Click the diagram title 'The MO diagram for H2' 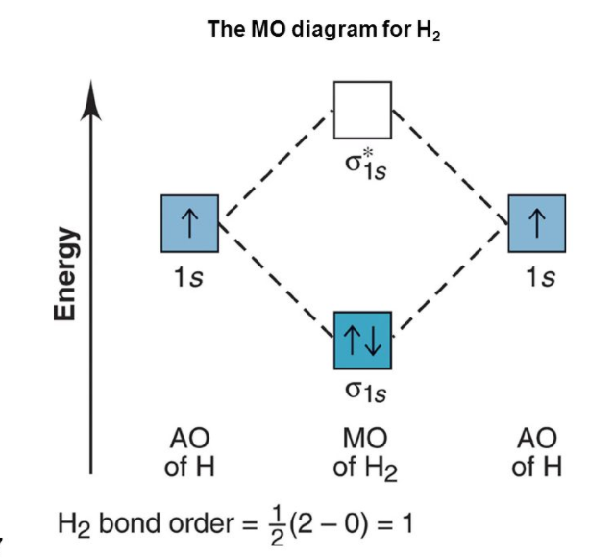[323, 30]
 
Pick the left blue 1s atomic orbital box [190, 223]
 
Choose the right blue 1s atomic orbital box [536, 223]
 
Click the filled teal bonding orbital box [362, 341]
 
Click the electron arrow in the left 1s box [190, 223]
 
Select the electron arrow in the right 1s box [536, 223]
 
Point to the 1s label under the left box [188, 277]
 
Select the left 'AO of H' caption [190, 453]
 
